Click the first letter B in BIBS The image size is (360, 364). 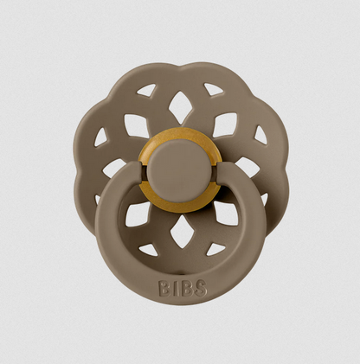[x=164, y=288]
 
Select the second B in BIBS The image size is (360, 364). [x=185, y=288]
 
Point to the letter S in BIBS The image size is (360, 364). [x=201, y=288]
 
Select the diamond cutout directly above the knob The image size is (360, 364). [x=180, y=107]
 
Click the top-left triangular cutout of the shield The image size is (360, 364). [x=146, y=90]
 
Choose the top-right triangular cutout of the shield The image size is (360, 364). [x=213, y=89]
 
